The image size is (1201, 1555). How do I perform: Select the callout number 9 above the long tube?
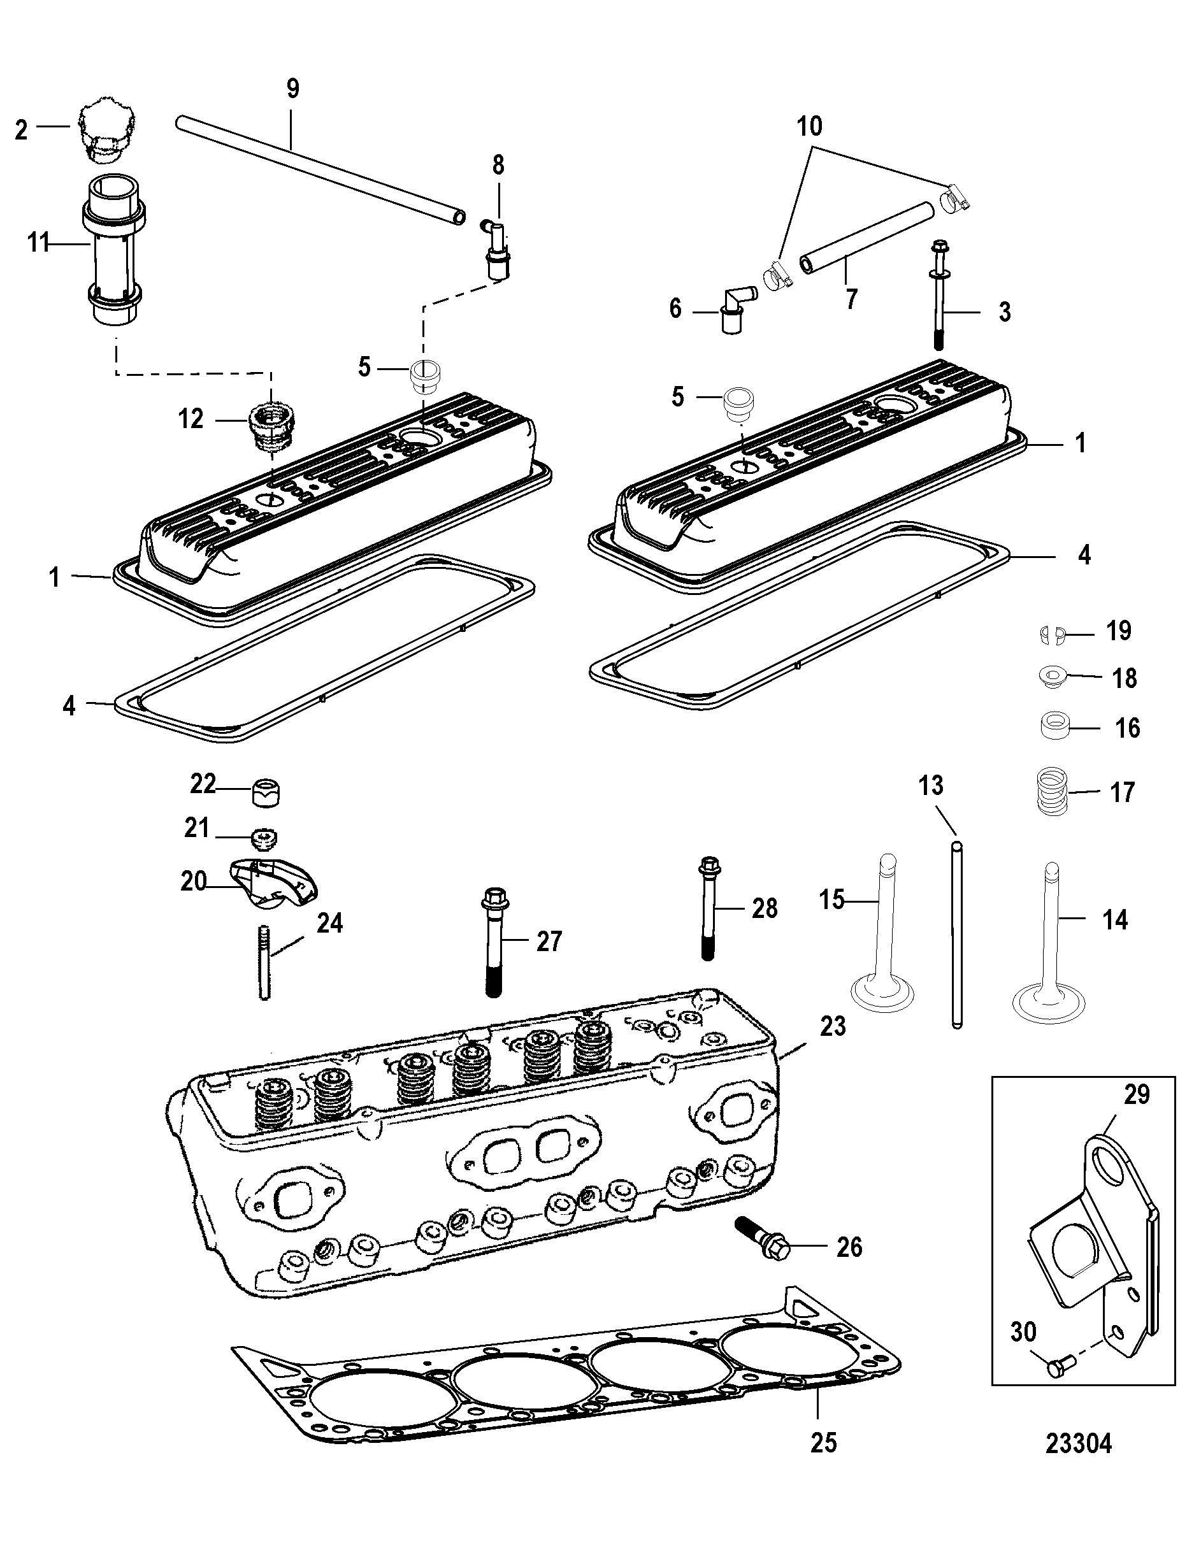[x=292, y=89]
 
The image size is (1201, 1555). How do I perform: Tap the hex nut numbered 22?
[x=266, y=791]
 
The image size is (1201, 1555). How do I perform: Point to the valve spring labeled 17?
[x=1050, y=791]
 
